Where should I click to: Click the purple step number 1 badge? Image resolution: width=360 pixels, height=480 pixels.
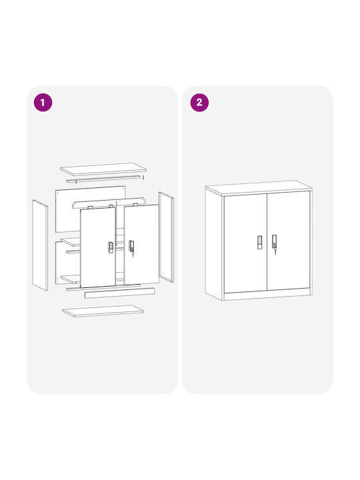coord(43,102)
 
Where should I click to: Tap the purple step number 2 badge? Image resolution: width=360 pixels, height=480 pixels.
coord(199,102)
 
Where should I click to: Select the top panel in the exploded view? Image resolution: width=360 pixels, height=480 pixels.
coord(103,169)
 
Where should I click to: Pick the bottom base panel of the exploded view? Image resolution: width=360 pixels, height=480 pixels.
coord(103,311)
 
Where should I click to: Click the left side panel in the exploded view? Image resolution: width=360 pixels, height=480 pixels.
coord(40,245)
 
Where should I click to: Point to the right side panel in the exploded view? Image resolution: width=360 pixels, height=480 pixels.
coord(166,237)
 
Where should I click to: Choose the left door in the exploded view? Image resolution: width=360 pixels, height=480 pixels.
coord(98,247)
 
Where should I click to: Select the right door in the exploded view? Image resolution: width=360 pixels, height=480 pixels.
coord(141,244)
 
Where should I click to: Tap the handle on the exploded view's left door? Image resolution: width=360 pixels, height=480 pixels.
coord(111,247)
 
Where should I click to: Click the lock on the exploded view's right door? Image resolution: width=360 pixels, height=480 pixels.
coord(131,247)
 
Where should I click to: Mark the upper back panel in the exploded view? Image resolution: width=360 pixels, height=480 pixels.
coord(90,209)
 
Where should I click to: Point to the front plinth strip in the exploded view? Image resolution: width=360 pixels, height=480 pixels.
coord(119,293)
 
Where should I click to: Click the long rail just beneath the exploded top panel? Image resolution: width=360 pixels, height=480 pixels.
coord(103,179)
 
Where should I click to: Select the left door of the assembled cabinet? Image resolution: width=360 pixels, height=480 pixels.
coord(245,243)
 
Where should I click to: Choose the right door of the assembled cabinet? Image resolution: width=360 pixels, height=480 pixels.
coord(289,241)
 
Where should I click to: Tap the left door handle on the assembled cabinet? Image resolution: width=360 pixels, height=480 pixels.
coord(259,243)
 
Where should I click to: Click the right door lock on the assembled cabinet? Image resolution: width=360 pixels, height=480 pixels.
coord(274,244)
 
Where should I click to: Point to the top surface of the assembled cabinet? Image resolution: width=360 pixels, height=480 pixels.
coord(259,187)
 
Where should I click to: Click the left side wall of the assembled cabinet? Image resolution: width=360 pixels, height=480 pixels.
coord(214,244)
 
